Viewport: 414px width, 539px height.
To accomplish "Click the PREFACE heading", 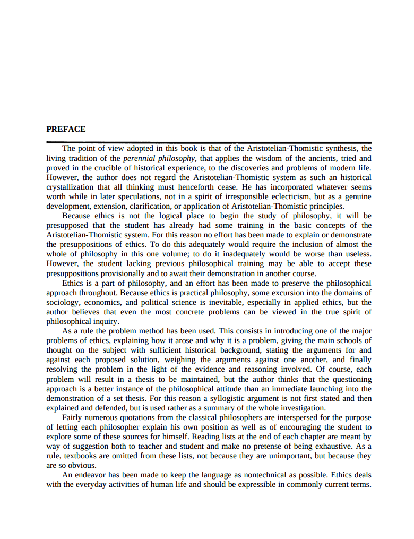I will [x=66, y=129].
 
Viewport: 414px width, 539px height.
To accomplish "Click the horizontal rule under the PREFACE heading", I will [x=209, y=142].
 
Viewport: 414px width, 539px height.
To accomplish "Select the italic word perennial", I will [x=140, y=158].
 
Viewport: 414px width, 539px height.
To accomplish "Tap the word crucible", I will [x=111, y=168].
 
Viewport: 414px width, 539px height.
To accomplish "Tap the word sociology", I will [x=64, y=302].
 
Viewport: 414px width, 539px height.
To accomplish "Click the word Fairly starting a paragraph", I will [x=74, y=417].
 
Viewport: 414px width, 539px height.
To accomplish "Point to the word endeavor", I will [x=94, y=475].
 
